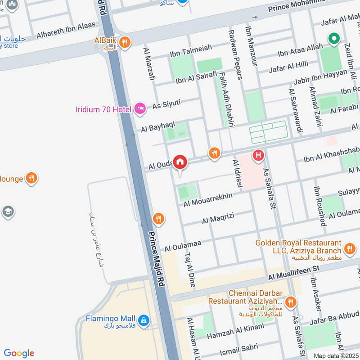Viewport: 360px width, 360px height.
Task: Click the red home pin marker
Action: click(180, 162)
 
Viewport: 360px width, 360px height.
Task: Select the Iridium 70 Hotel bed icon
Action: click(140, 108)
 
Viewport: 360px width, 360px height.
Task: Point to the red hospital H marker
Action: click(258, 155)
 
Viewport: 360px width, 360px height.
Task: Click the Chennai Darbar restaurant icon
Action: click(291, 301)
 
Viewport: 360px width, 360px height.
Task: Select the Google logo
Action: click(19, 353)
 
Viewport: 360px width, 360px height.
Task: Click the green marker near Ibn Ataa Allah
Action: click(334, 40)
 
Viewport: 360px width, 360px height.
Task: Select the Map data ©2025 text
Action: click(335, 355)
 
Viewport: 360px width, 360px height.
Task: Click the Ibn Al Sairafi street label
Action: click(196, 78)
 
